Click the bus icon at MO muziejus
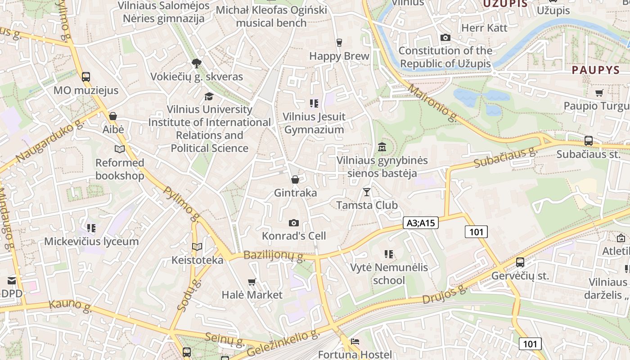point(86,76)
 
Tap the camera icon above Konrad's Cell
point(293,223)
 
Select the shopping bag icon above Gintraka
point(295,180)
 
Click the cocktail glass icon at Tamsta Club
point(367,192)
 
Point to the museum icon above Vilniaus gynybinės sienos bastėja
point(382,147)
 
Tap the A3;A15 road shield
point(420,222)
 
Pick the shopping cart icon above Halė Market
point(252,282)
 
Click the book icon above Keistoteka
point(197,247)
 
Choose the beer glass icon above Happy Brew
point(339,43)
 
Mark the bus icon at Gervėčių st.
point(520,262)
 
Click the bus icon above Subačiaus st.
point(588,140)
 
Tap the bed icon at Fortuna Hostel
point(355,342)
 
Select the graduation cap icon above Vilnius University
point(209,96)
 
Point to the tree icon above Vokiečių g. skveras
point(196,63)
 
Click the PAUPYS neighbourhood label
point(596,70)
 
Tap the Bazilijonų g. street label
point(274,256)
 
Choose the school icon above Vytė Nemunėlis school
point(389,254)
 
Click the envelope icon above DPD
point(12,281)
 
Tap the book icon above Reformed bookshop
point(119,149)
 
